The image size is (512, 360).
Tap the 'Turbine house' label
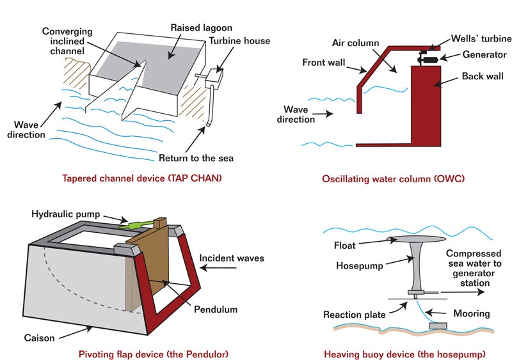point(239,41)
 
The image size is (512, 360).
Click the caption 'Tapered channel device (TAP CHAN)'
point(142,178)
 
